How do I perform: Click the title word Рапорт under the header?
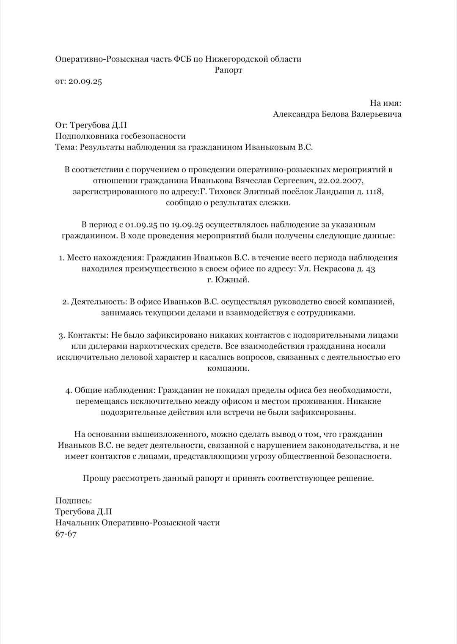[228, 70]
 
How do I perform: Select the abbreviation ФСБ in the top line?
[182, 59]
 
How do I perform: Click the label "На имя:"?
[385, 103]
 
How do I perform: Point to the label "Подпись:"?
[74, 501]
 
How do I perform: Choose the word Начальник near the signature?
[77, 523]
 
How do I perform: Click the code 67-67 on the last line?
[66, 534]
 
